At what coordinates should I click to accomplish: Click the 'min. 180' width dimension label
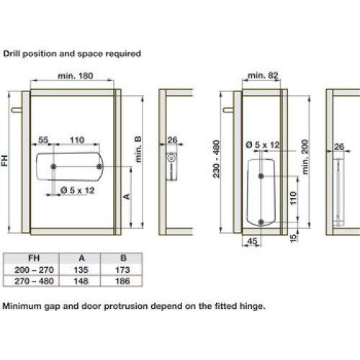coord(75,76)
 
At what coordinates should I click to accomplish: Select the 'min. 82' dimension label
coord(263,76)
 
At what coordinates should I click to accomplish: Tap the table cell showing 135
coord(81,270)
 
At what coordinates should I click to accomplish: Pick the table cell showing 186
coord(122,281)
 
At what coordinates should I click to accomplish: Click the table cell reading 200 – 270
coord(34,270)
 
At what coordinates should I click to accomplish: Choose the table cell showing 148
coord(81,281)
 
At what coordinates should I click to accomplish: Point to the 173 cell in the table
coord(122,270)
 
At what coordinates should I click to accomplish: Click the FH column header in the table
coord(34,258)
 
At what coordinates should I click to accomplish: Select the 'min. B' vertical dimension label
coord(138,149)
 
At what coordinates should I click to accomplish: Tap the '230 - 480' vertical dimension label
coord(216,159)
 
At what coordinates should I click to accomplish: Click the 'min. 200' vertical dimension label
coord(305,157)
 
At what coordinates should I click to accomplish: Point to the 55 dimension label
coord(43,140)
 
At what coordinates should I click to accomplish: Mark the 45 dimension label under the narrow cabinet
coord(252,241)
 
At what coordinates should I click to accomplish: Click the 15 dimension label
coord(293,238)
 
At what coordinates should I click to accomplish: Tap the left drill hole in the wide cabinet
coord(53,166)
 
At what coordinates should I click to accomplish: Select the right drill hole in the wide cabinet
coord(99,166)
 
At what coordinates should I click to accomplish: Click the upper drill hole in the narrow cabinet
coord(261,176)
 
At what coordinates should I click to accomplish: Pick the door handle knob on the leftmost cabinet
coord(17,110)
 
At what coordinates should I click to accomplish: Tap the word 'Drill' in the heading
coord(12,53)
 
